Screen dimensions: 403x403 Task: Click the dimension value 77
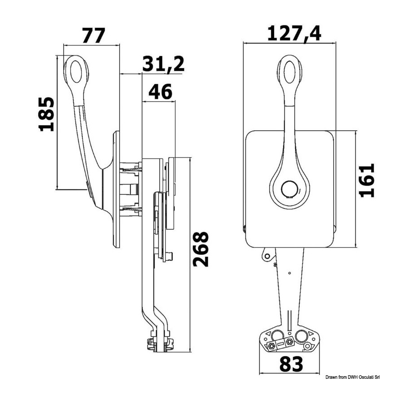coord(94,35)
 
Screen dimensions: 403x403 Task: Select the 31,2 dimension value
coord(163,64)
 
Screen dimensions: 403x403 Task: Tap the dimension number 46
coord(160,92)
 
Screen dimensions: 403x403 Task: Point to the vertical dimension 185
coord(47,114)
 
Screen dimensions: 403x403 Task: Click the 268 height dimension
coord(201,249)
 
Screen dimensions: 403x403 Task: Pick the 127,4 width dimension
coord(294,34)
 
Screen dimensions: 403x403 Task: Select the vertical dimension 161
coord(367,180)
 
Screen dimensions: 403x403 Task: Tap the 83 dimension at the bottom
coord(291,364)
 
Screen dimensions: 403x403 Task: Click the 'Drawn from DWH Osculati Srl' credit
coord(353,377)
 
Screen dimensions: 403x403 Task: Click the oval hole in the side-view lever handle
coord(76,72)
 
